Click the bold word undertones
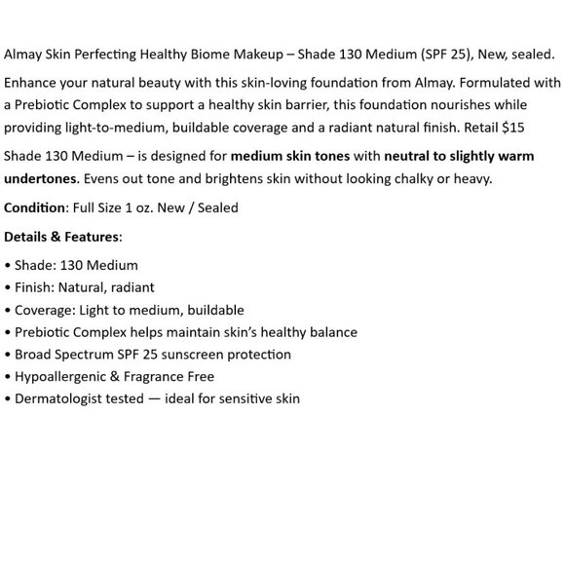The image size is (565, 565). tap(41, 177)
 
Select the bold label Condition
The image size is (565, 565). tap(35, 207)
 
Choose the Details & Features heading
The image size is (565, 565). tap(62, 236)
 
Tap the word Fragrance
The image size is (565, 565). tap(151, 376)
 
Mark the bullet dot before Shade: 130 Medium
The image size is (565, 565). tap(8, 266)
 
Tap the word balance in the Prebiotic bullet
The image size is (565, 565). tap(333, 332)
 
